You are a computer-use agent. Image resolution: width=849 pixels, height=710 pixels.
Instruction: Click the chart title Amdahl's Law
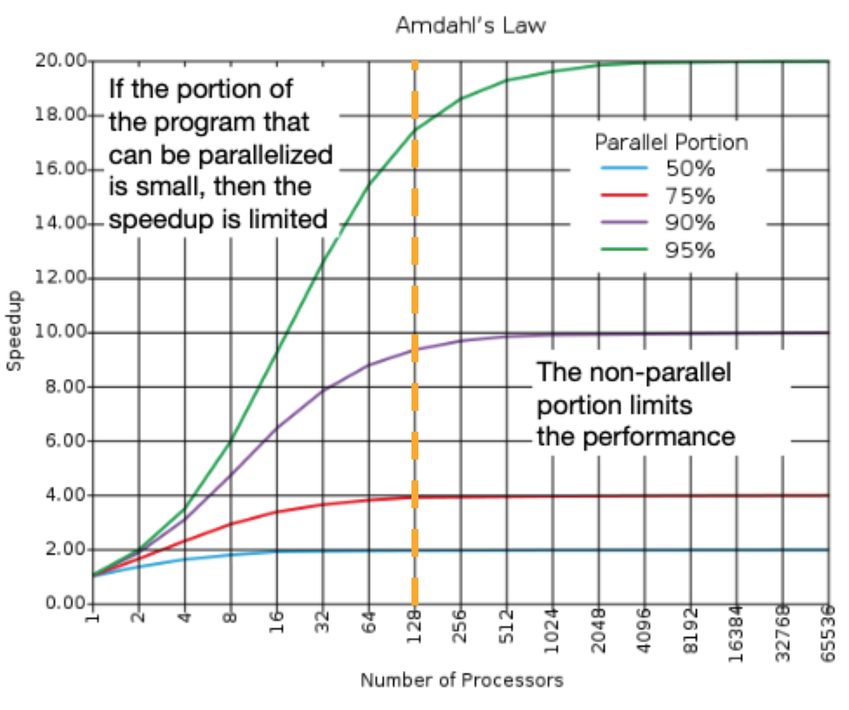(471, 25)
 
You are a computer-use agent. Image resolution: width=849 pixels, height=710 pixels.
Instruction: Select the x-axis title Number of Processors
(461, 680)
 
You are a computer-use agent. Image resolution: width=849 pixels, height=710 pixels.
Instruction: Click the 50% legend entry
(690, 167)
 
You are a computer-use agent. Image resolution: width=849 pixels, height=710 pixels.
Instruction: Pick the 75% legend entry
(690, 195)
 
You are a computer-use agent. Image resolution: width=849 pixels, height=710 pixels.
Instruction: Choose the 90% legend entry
(690, 222)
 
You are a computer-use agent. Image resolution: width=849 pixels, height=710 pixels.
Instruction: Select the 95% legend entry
(690, 250)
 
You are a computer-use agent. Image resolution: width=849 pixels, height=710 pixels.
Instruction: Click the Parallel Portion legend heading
(671, 141)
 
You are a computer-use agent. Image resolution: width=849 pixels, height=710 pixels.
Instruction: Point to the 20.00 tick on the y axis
(61, 61)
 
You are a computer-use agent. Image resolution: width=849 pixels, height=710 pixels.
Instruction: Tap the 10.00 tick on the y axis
(61, 333)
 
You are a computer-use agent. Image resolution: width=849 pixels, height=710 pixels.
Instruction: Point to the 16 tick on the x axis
(277, 624)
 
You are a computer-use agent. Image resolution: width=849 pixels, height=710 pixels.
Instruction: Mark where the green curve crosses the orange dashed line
(415, 129)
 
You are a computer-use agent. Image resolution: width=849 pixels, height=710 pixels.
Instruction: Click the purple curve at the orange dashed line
(415, 349)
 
